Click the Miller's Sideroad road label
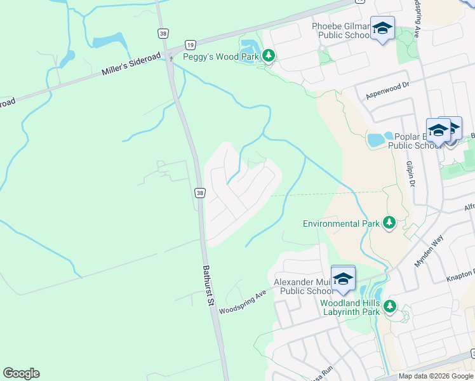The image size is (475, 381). [x=131, y=63]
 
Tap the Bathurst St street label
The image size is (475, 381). [x=208, y=286]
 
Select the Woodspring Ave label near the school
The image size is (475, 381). [x=243, y=302]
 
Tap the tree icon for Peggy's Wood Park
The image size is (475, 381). [x=269, y=57]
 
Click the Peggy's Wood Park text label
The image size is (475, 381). [x=220, y=57]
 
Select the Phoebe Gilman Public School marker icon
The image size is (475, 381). [x=382, y=29]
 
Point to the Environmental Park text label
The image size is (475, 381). [x=341, y=224]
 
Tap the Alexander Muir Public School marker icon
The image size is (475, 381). [x=343, y=279]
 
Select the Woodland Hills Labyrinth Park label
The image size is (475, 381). [x=350, y=307]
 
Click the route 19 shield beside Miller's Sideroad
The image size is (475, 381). [x=189, y=44]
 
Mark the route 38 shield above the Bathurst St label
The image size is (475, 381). [x=199, y=192]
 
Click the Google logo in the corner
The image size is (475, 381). [x=21, y=373]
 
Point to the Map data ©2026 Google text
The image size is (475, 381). [x=436, y=376]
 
